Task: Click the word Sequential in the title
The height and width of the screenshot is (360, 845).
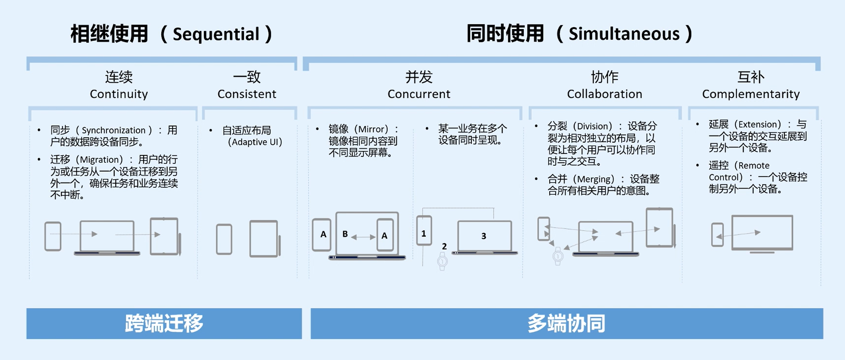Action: pos(216,34)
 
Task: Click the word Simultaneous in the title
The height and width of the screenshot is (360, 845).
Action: pos(624,34)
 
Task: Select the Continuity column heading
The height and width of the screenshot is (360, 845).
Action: pos(119,94)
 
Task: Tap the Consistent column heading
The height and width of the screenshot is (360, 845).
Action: pos(247,94)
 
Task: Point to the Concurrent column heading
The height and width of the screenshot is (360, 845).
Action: pos(418,94)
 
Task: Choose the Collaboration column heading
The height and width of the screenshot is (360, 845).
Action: pos(604,94)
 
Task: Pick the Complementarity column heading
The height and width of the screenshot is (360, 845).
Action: pos(751,94)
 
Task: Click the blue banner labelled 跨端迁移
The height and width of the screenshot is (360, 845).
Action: pos(164,323)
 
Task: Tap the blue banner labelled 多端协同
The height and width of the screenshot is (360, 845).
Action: pos(567,323)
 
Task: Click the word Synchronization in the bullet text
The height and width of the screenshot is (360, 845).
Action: pos(114,130)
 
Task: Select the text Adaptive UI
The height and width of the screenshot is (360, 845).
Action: pos(255,142)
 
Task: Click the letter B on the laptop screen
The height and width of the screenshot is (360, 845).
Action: pos(345,234)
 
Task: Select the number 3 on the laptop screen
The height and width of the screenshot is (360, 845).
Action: pos(483,236)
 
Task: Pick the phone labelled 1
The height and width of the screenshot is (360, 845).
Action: pos(424,231)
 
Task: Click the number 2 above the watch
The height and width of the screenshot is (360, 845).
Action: pos(444,246)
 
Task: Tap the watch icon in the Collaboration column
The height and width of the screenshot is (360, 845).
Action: pos(558,256)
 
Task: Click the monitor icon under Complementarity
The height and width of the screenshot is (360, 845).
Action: pos(762,234)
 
